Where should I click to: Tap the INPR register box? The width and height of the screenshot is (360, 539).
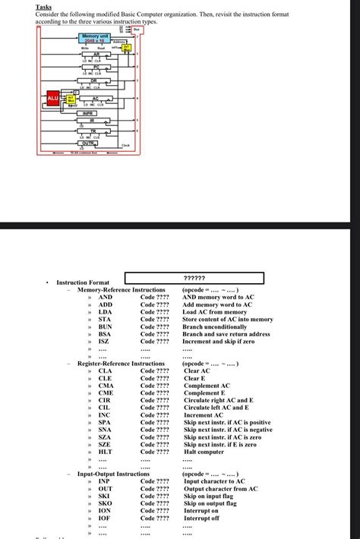pyautogui.click(x=88, y=112)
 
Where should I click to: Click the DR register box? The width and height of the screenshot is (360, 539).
pyautogui.click(x=93, y=80)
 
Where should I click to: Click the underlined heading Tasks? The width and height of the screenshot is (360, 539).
pyautogui.click(x=44, y=7)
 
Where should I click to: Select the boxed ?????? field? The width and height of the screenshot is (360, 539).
pyautogui.click(x=194, y=279)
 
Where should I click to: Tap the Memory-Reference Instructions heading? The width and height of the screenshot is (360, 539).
pyautogui.click(x=121, y=290)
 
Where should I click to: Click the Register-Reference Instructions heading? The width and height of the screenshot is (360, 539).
pyautogui.click(x=121, y=364)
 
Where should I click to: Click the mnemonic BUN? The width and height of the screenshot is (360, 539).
pyautogui.click(x=106, y=326)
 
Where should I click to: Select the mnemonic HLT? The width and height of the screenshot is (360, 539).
pyautogui.click(x=106, y=452)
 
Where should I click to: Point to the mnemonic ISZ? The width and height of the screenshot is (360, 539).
pyautogui.click(x=105, y=342)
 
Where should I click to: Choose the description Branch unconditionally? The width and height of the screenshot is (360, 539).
pyautogui.click(x=214, y=326)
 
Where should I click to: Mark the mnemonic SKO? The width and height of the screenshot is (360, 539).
pyautogui.click(x=106, y=503)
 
